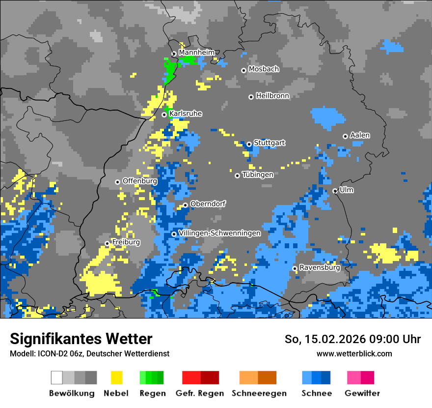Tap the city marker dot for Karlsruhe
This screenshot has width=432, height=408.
coord(164,115)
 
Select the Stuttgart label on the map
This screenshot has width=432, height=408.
coord(269,143)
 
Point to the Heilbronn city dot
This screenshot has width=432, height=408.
coord(251,97)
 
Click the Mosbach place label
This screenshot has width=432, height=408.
coord(264,69)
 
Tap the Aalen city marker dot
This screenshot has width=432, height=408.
coord(345,136)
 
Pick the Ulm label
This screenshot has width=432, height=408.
coord(347,190)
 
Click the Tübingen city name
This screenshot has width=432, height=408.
coord(258,174)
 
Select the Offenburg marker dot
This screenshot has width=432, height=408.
coord(117,182)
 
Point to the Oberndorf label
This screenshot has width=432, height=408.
coord(208,204)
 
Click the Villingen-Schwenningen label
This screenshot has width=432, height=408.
coord(219,233)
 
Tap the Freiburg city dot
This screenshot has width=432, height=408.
coord(107,243)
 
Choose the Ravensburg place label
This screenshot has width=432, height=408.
coord(320,267)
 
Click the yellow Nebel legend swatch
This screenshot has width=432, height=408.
coord(116,378)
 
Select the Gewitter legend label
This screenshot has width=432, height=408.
coord(362,393)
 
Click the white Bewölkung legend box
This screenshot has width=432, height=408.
coord(57,378)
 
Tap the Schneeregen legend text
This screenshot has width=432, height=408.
coord(259,393)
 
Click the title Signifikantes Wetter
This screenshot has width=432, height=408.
coord(81,339)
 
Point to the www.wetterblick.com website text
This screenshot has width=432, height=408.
coord(354,353)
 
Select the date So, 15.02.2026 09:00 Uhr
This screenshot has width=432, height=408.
coord(352,339)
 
